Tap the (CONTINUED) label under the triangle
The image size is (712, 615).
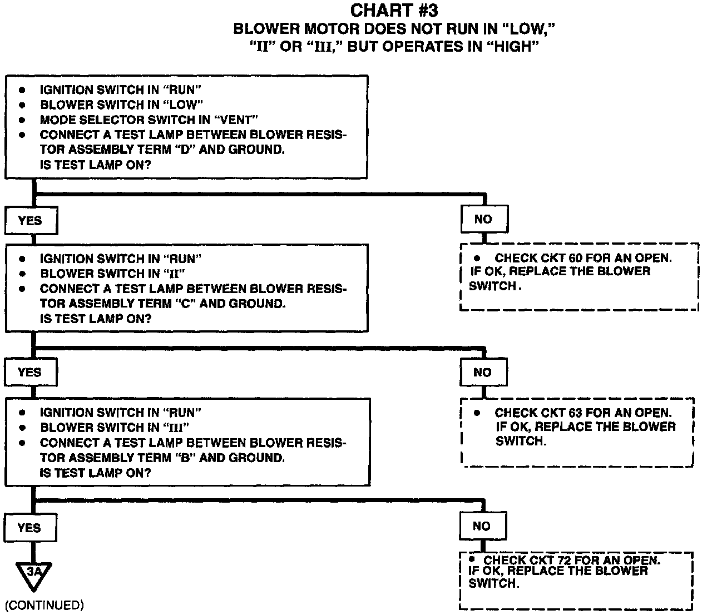(44, 605)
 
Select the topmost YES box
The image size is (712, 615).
(31, 221)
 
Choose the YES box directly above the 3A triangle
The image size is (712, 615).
(30, 527)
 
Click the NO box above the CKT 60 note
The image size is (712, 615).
(483, 220)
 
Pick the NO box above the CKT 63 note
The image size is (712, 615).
(483, 373)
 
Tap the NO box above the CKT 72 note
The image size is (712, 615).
(482, 526)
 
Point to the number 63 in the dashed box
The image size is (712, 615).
(576, 413)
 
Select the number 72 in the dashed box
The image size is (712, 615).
(565, 561)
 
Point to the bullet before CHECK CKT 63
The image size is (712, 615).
(477, 413)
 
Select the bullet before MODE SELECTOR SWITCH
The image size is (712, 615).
(23, 120)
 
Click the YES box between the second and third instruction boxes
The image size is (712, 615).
(31, 373)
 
